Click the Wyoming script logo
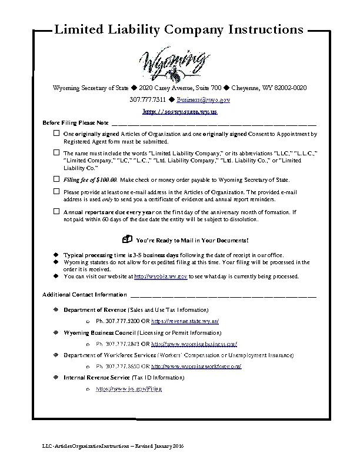(x=174, y=64)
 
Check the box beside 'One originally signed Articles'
(x=56, y=134)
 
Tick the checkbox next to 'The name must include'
(x=56, y=152)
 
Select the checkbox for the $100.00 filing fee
(x=56, y=179)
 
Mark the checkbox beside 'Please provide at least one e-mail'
(x=56, y=192)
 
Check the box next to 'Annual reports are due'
(x=56, y=211)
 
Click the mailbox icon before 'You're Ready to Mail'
(x=128, y=240)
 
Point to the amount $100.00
(x=105, y=179)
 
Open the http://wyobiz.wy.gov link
(x=161, y=276)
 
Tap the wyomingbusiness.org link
(x=194, y=344)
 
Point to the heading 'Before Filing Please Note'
(x=76, y=122)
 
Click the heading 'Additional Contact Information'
(x=84, y=294)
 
